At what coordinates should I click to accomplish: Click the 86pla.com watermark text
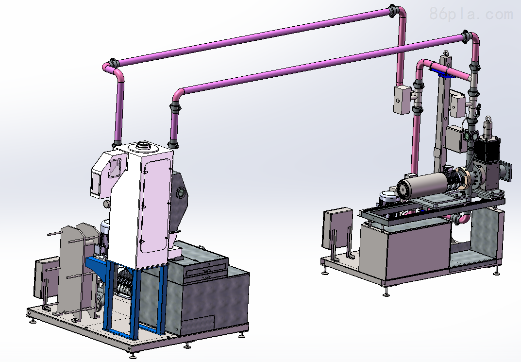(471, 14)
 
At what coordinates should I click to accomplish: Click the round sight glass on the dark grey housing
(181, 192)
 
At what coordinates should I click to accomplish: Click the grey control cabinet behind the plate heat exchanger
(47, 280)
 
